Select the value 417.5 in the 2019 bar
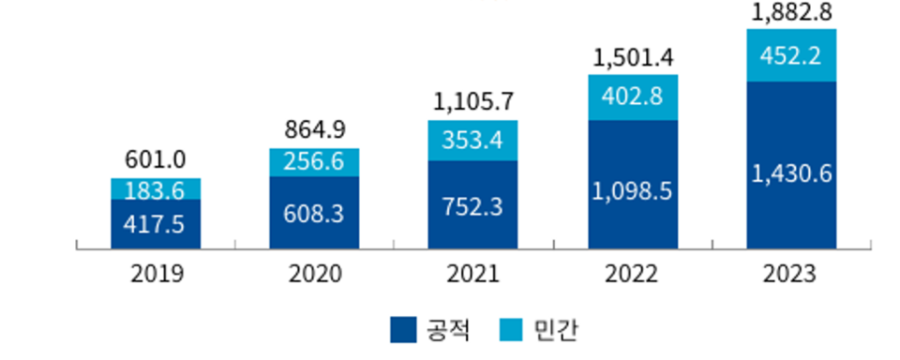(156, 225)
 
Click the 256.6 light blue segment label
(314, 161)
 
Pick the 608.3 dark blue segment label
(314, 213)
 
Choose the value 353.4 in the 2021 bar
(472, 141)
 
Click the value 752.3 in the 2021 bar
(472, 206)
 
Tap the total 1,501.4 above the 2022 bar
(632, 58)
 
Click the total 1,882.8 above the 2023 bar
(791, 13)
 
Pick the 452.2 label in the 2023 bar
(791, 56)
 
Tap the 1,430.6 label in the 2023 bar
(791, 172)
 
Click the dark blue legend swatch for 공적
(403, 329)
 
